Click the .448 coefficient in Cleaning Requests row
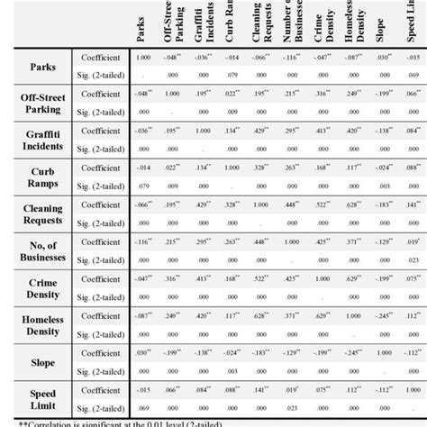click(x=292, y=203)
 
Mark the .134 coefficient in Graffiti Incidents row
click(x=232, y=131)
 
